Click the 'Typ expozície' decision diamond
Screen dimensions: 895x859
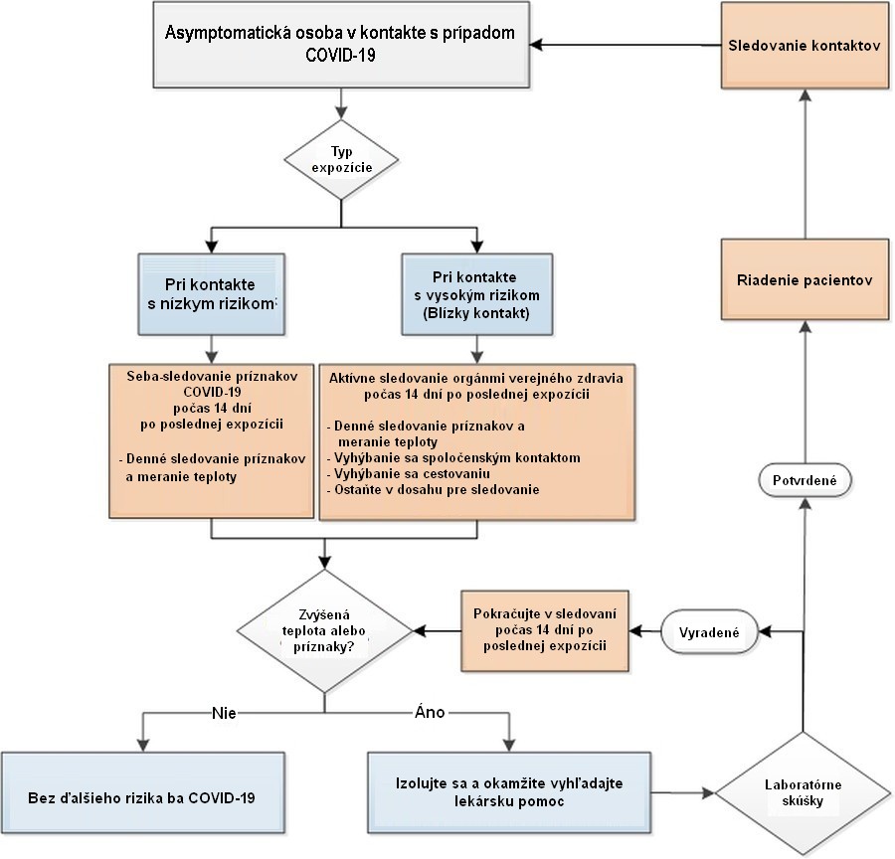click(341, 160)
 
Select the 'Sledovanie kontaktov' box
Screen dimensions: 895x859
click(805, 46)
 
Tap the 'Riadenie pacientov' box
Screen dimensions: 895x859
click(805, 279)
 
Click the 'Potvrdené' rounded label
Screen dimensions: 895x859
click(805, 480)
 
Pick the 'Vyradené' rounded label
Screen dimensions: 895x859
click(709, 632)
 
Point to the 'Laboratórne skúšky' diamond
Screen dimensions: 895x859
click(804, 792)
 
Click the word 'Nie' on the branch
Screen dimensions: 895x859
click(224, 713)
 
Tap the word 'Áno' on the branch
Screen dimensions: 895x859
click(430, 712)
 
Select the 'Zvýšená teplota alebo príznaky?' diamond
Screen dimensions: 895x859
click(324, 631)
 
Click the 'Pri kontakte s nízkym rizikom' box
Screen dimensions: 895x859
click(211, 294)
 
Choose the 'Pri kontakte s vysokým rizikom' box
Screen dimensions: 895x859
click(477, 294)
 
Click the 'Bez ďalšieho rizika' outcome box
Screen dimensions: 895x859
click(142, 792)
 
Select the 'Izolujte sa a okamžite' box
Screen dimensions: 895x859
click(509, 792)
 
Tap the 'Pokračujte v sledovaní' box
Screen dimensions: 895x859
click(545, 630)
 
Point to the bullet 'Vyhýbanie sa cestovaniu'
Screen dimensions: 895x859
click(409, 473)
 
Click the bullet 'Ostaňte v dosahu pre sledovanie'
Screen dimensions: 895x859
click(434, 490)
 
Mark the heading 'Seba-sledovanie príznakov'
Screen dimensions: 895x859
click(213, 376)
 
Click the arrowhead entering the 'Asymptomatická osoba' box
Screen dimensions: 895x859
click(535, 45)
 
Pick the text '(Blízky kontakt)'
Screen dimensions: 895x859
click(476, 313)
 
